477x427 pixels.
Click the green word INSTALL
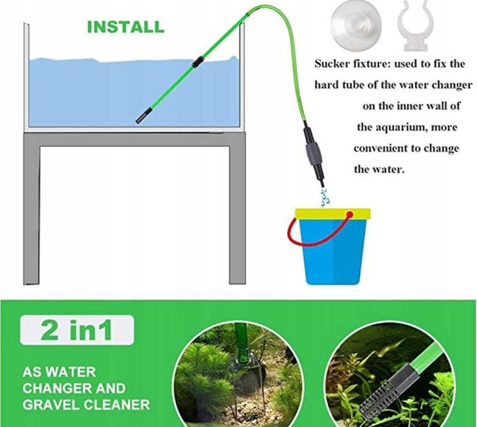126,27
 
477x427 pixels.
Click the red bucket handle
316,232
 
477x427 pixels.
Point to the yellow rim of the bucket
332,214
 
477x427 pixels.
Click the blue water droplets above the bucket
324,197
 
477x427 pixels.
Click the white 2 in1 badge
77,330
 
